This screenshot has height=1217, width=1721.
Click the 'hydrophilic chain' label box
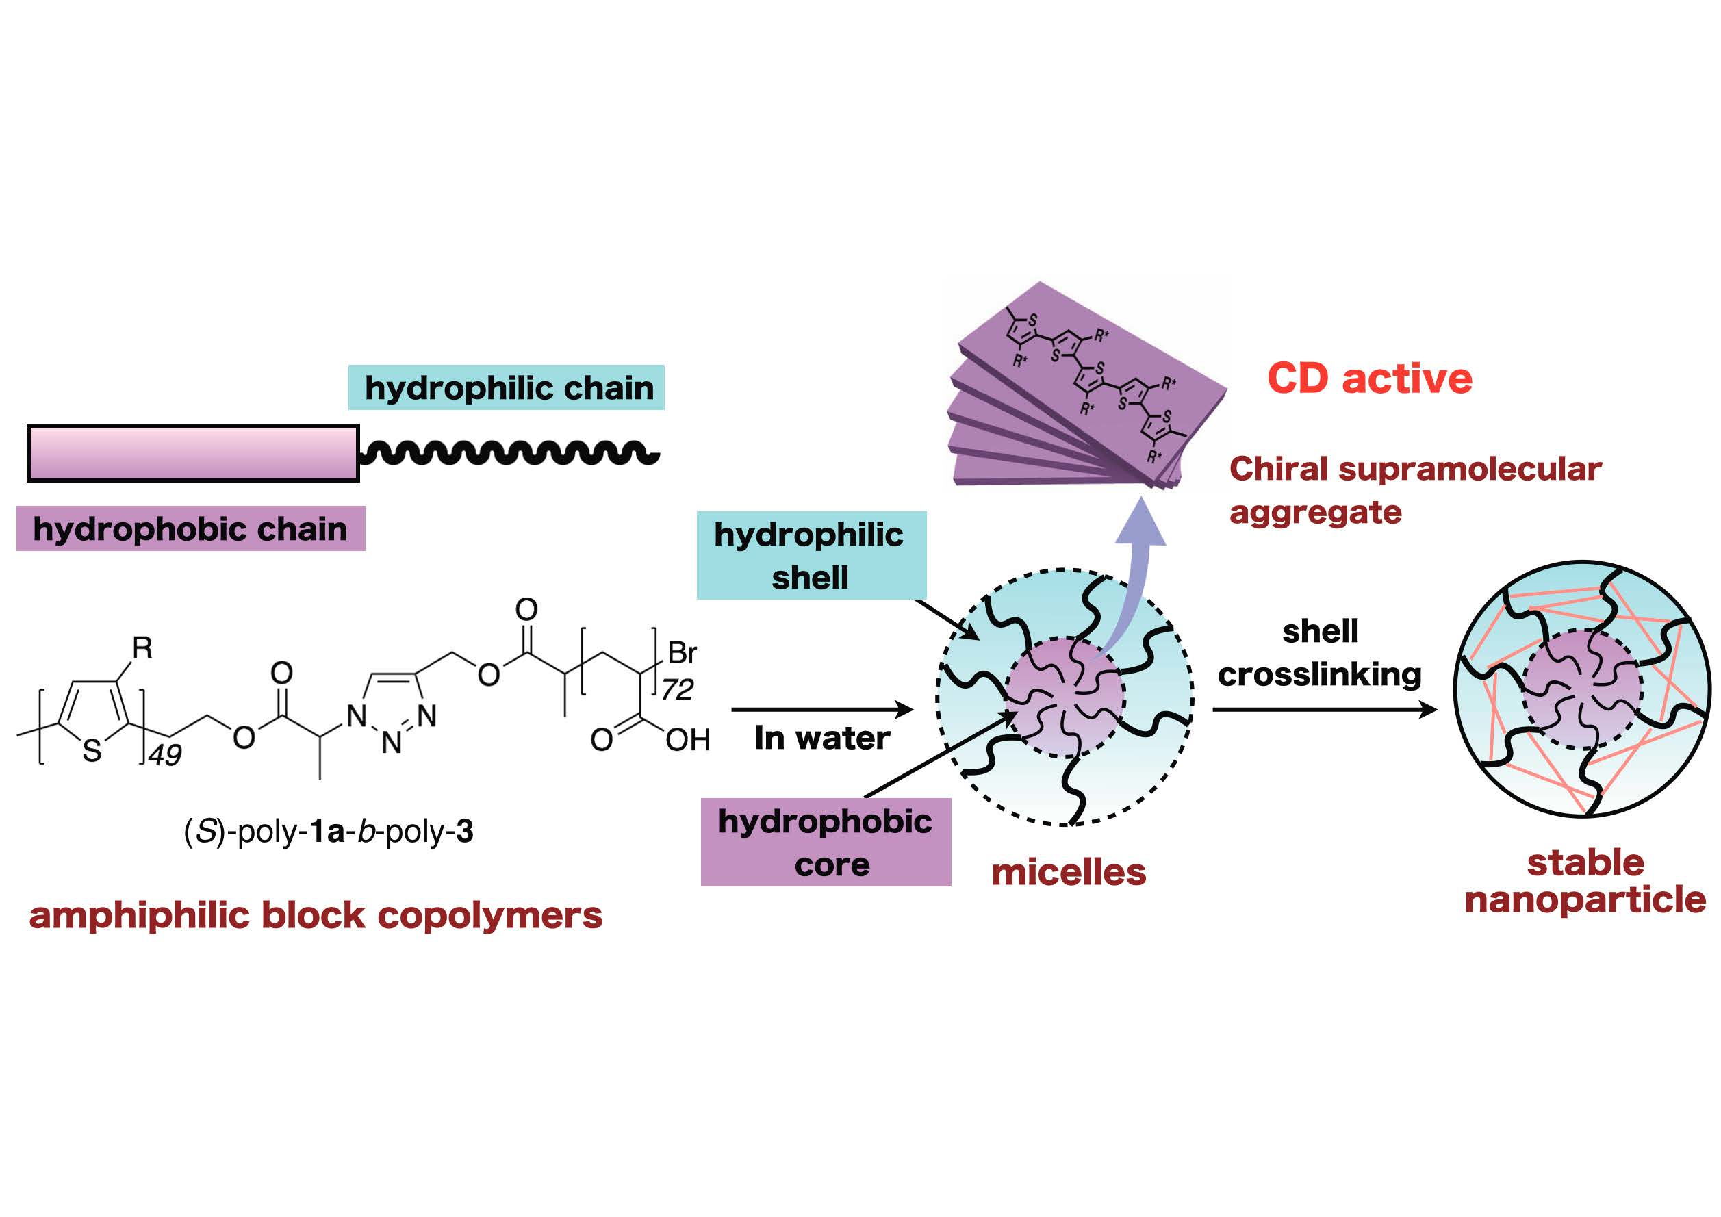coord(507,387)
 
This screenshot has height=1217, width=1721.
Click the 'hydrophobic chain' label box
coord(190,529)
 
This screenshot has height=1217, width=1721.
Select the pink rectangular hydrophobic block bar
coord(192,452)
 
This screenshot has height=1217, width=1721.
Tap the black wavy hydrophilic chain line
coord(510,452)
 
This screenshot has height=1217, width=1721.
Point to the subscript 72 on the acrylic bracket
coord(677,689)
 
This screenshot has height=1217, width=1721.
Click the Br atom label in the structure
coord(682,653)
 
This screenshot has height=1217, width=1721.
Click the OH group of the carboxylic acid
coord(687,741)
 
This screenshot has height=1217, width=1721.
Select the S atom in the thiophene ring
coord(92,751)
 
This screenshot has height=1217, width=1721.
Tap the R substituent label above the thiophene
coord(142,648)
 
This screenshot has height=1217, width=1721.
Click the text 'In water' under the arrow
coord(822,738)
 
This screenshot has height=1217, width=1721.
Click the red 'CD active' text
coord(1369,379)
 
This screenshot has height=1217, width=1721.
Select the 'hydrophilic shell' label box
coord(811,555)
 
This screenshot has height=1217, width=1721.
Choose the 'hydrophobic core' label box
coord(826,843)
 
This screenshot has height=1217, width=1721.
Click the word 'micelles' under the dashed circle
coord(1068,873)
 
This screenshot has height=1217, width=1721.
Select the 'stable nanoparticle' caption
coord(1585,880)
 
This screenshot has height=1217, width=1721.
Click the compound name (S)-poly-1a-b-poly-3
coord(329,832)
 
